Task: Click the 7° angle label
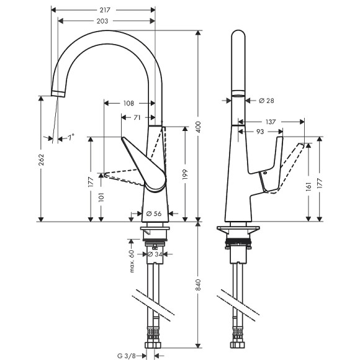pyautogui.click(x=71, y=136)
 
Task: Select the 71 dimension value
pyautogui.click(x=137, y=117)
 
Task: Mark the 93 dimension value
pyautogui.click(x=260, y=132)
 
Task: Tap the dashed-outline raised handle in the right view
pyautogui.click(x=295, y=163)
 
